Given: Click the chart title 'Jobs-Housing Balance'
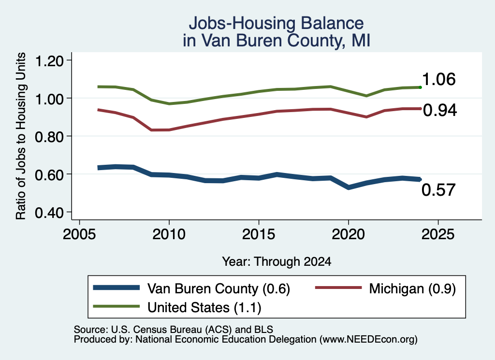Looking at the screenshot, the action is coord(276,23).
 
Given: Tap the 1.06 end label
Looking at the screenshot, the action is coord(438,79).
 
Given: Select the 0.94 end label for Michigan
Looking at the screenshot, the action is coord(440,110).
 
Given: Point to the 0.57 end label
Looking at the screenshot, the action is coord(438,190).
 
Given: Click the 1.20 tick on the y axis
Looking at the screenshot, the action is coord(49,61).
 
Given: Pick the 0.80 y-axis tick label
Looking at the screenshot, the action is coord(49,137).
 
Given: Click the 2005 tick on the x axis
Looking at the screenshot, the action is coord(80,234).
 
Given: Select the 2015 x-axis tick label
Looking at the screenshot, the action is coord(259,234).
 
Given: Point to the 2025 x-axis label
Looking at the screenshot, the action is coord(438,234).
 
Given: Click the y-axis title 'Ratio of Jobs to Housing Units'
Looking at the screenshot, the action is coord(21,136).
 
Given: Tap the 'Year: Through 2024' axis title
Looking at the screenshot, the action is coord(277,261).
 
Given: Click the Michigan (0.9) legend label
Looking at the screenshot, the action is coord(412,288).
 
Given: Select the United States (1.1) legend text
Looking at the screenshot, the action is coord(204,308).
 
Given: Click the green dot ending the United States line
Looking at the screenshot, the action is coord(420,87).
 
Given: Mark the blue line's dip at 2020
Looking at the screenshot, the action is coord(348,187).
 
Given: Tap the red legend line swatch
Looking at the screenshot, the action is coord(338,288).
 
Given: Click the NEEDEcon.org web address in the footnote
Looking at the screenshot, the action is coord(368,340).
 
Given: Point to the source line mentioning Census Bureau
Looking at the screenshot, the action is coord(174,330).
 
